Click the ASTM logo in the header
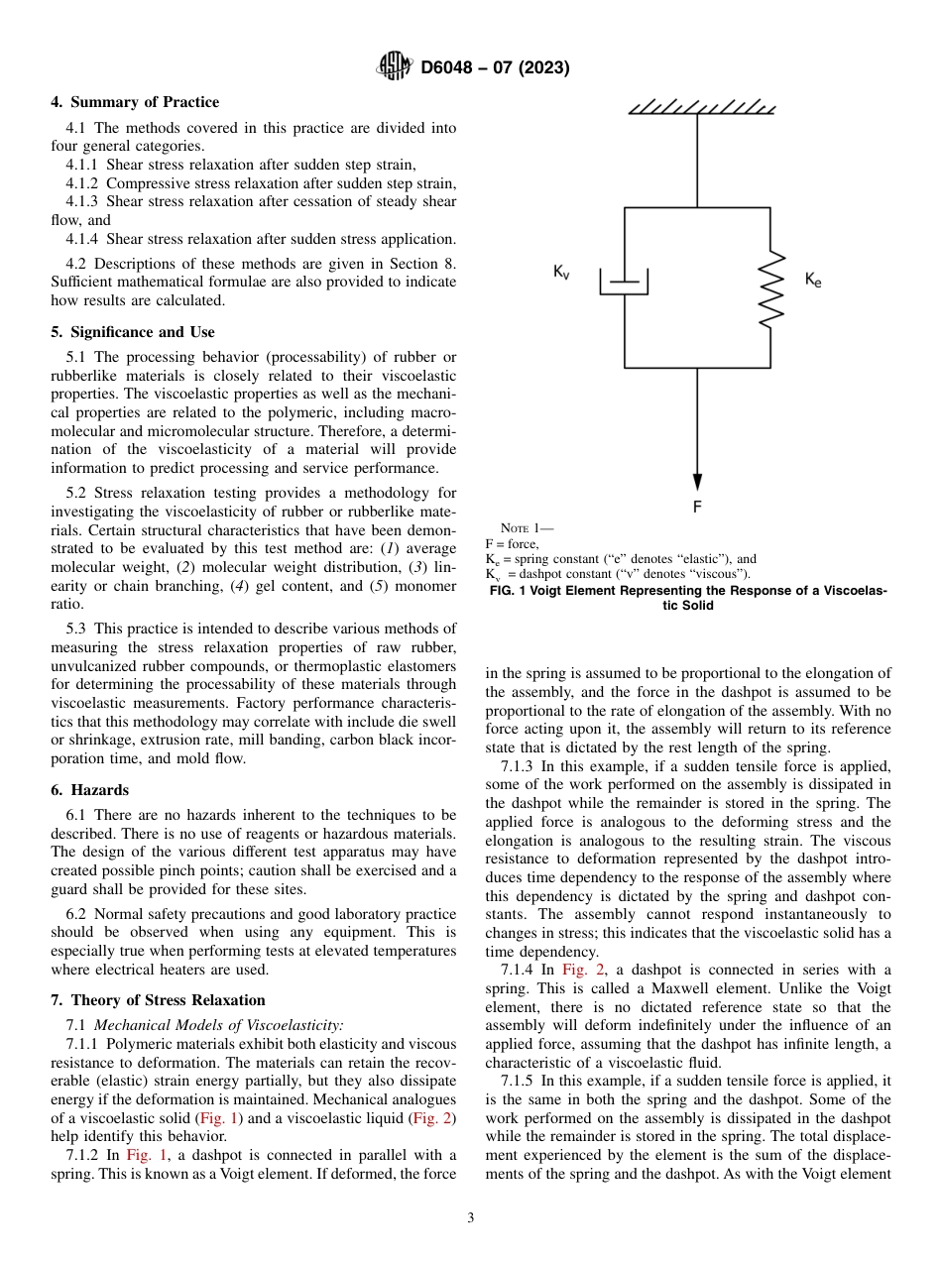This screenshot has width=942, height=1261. tap(395, 67)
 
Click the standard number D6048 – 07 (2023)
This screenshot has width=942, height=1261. tap(495, 68)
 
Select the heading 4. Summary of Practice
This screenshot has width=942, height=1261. tap(135, 102)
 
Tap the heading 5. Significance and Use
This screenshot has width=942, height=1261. tap(132, 332)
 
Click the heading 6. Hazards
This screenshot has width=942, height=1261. tap(89, 790)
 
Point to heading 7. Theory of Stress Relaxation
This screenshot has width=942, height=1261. tap(158, 1000)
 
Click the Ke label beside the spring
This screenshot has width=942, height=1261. tap(813, 281)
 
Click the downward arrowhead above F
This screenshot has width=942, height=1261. tap(697, 481)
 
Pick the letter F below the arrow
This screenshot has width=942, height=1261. tap(697, 507)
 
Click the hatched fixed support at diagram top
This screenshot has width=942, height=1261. tap(701, 106)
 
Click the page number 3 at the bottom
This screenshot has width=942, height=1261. tap(471, 1218)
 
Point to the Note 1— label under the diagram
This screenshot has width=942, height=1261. tap(527, 528)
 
